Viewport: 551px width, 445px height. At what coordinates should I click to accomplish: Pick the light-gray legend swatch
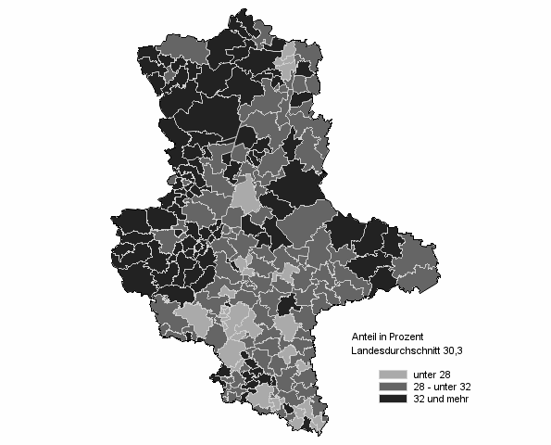(392, 375)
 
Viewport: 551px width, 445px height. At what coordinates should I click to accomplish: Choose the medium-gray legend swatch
(392, 387)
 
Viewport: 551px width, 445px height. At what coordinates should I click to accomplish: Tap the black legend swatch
(392, 399)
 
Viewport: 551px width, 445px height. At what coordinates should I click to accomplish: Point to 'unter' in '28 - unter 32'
(446, 387)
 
